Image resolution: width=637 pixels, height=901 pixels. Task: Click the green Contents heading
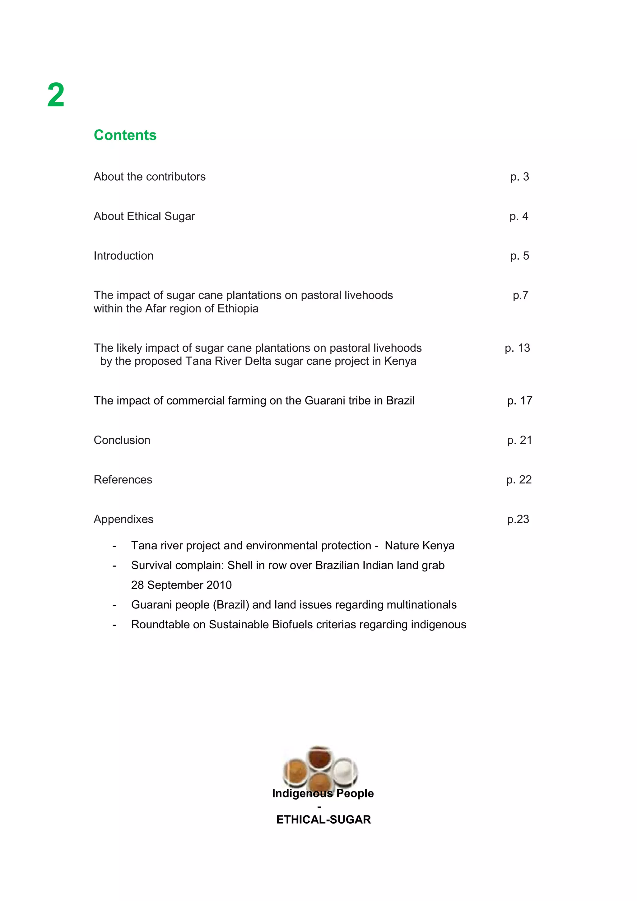125,135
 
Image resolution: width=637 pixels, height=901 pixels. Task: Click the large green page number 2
56,95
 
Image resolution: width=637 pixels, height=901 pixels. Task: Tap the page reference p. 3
519,177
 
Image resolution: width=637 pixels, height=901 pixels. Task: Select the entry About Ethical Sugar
144,216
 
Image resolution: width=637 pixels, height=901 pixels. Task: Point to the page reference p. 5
519,256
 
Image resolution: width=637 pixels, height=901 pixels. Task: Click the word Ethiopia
238,309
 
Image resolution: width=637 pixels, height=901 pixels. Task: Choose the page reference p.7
520,295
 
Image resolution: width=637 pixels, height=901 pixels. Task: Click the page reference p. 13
517,348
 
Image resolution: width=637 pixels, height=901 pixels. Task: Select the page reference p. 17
519,401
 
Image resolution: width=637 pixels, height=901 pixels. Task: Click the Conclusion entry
122,440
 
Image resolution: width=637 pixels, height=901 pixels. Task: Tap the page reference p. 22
518,480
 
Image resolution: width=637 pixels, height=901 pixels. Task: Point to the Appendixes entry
123,519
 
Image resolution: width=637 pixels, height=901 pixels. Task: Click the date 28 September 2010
181,585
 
